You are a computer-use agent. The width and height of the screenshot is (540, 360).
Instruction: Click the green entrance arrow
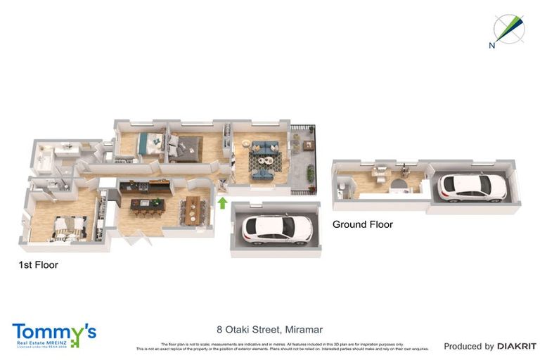click(223, 204)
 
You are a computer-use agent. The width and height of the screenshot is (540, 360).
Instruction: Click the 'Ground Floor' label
click(362, 224)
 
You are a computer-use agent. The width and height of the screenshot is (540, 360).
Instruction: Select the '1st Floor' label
click(38, 265)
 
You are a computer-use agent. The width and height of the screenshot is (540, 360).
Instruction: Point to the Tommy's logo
click(53, 334)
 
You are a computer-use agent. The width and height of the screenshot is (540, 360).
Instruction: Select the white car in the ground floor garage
click(472, 186)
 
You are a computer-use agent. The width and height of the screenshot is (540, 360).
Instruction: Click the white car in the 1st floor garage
click(276, 228)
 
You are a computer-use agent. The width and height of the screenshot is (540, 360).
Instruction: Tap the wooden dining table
click(192, 210)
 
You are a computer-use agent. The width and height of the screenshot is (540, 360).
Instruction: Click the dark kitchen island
click(148, 205)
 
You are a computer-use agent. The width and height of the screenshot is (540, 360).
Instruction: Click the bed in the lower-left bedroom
click(68, 225)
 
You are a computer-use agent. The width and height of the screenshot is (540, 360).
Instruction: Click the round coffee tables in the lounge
click(262, 166)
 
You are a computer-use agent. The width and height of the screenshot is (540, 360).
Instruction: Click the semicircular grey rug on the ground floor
click(398, 186)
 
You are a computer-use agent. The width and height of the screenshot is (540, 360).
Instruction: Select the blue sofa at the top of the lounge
click(266, 147)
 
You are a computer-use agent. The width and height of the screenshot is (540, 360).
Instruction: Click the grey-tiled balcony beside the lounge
click(304, 160)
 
